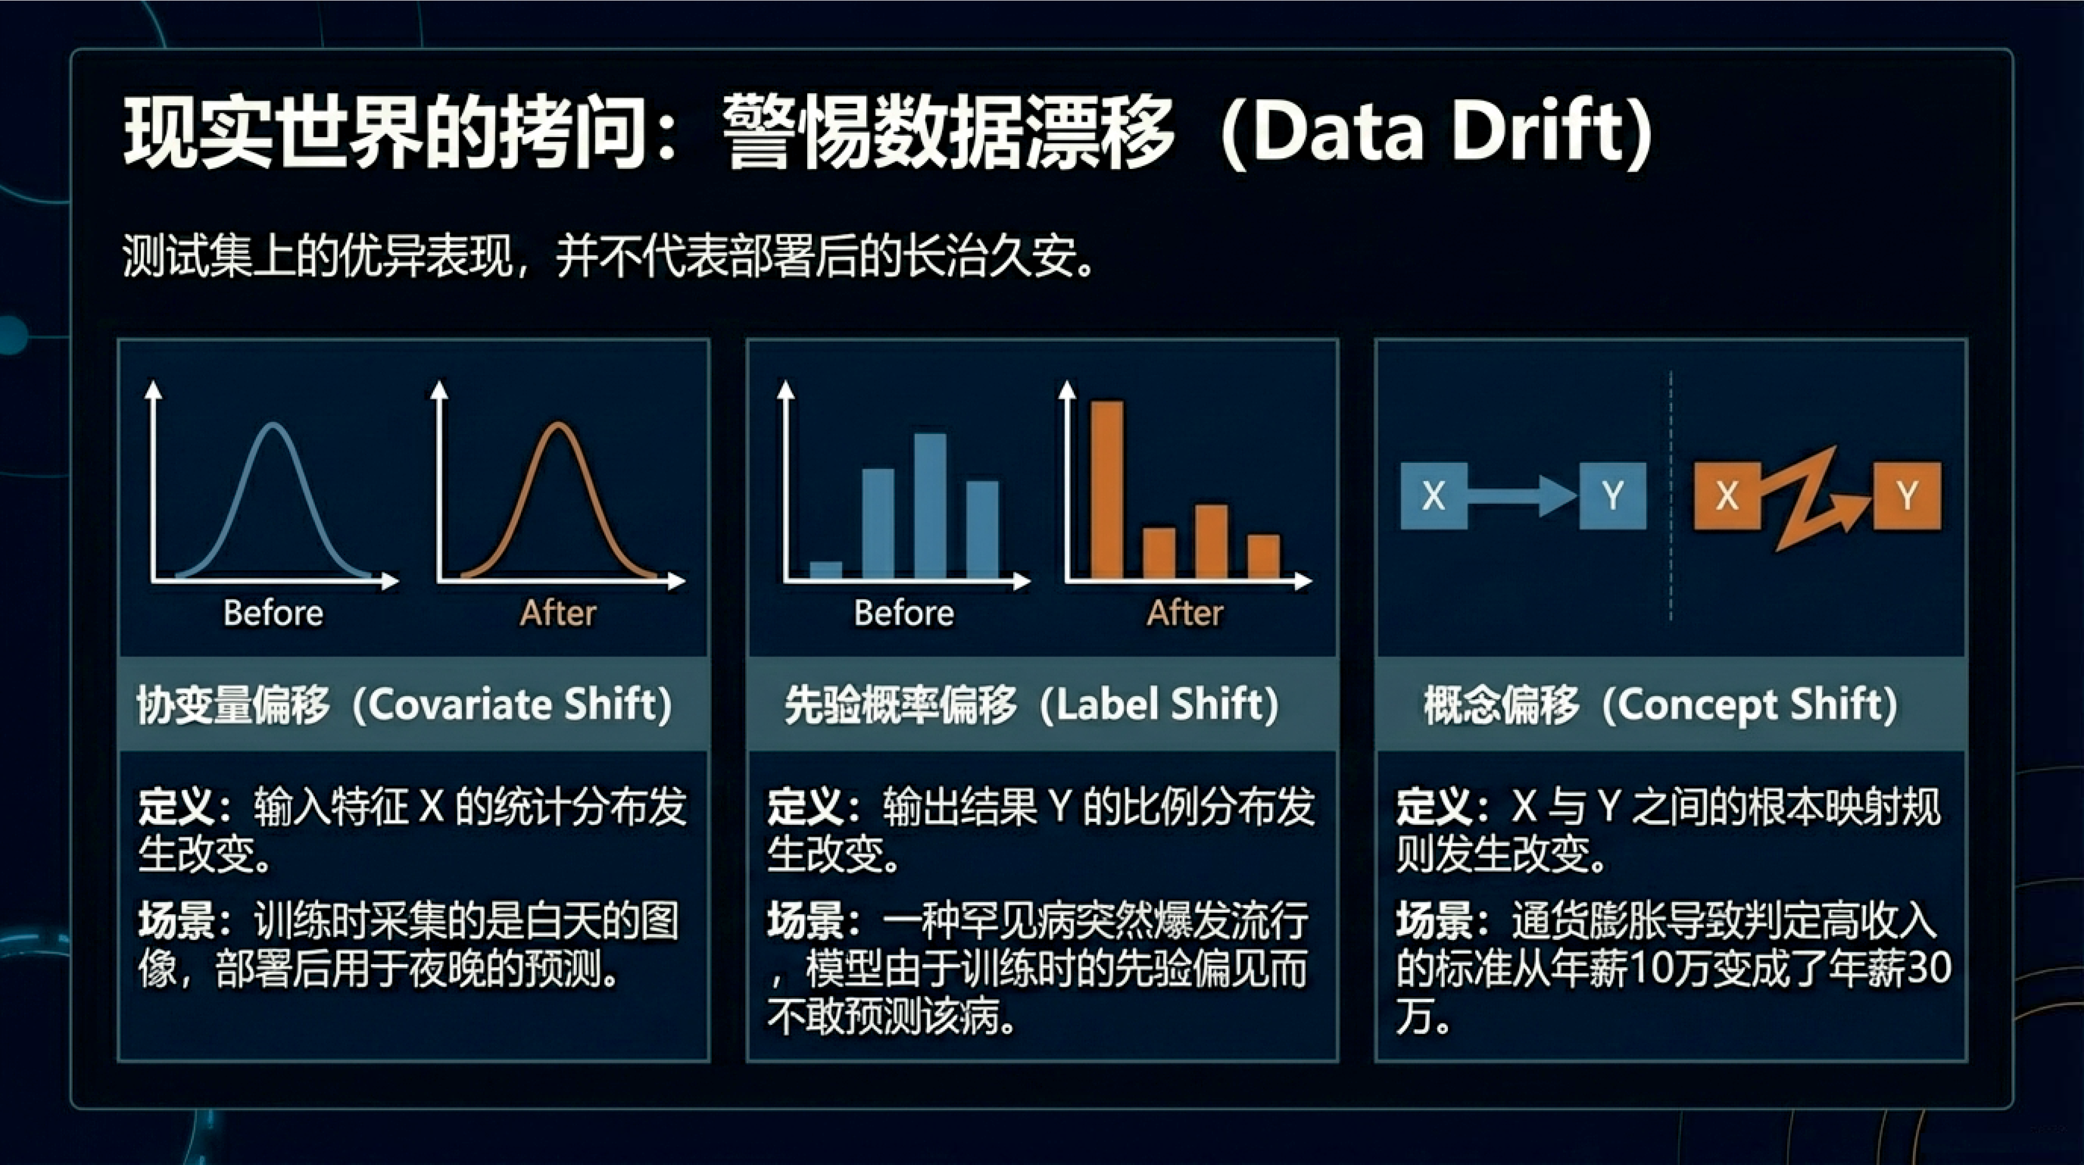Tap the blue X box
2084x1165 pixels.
[1434, 495]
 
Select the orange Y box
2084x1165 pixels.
[1907, 495]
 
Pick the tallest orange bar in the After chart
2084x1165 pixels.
[1107, 490]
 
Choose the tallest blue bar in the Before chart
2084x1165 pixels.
[931, 505]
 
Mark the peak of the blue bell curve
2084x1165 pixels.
[273, 424]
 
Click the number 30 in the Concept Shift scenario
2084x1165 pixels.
[1930, 968]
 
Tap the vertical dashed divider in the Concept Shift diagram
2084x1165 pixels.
[1670, 496]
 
